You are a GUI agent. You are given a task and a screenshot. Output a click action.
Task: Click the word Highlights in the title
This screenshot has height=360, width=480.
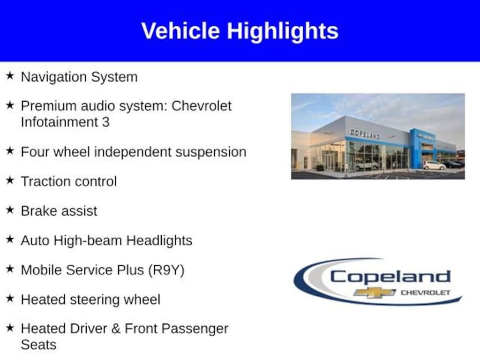click(283, 32)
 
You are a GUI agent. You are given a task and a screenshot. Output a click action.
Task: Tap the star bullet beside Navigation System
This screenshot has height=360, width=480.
click(10, 75)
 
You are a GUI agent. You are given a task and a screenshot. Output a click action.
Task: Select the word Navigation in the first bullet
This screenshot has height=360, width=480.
click(54, 77)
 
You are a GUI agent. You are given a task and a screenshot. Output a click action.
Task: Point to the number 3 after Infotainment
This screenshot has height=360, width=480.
click(105, 122)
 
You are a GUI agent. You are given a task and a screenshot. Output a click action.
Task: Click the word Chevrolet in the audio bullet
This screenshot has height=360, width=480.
click(202, 106)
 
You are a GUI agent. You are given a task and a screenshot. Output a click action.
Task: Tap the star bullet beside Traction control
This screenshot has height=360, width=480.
click(10, 180)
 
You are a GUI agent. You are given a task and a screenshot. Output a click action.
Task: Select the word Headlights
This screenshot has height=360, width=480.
click(159, 240)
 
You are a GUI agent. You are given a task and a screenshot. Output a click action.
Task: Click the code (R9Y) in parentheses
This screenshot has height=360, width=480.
click(166, 270)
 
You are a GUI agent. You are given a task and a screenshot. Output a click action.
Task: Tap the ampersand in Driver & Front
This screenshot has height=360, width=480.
click(116, 329)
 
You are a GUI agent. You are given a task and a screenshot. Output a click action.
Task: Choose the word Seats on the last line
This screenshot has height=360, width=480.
click(38, 345)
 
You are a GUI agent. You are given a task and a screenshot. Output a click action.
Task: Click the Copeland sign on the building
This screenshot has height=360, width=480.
click(365, 134)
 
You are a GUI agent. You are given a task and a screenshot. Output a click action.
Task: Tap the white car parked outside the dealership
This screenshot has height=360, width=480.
click(435, 165)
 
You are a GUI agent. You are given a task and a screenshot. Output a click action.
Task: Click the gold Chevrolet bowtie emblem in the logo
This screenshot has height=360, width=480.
click(375, 292)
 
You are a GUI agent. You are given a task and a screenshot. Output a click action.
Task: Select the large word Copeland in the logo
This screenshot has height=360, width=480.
click(390, 277)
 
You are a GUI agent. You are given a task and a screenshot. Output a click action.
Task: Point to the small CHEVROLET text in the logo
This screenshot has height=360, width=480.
click(426, 292)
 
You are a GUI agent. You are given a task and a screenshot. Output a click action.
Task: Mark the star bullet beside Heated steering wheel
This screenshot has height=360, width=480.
click(10, 298)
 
